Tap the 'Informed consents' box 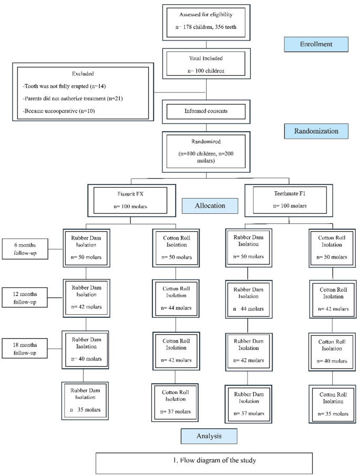[206, 111]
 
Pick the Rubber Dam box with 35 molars [85, 400]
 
